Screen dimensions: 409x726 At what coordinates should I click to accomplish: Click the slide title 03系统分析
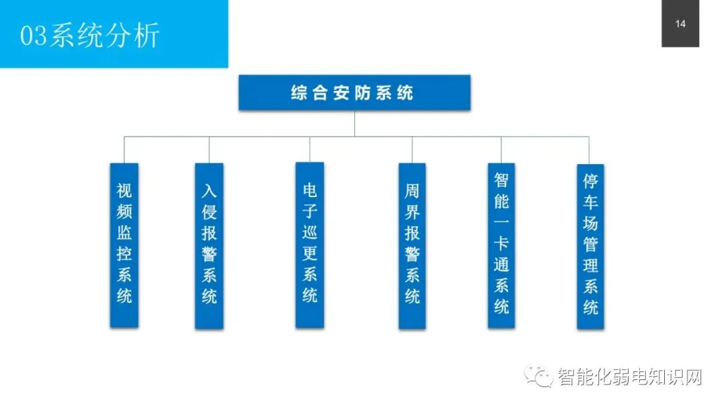click(x=89, y=36)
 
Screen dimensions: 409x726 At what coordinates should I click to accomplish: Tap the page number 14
click(x=680, y=24)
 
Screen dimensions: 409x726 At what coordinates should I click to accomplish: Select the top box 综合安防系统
click(x=354, y=93)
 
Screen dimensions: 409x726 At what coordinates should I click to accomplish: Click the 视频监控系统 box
click(x=124, y=245)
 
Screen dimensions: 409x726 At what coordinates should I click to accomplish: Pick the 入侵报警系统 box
click(x=209, y=246)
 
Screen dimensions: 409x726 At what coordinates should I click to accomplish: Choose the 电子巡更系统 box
click(x=310, y=245)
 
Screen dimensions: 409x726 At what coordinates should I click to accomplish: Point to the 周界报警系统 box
click(x=412, y=246)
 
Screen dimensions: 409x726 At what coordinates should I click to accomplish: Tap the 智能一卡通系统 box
click(x=501, y=245)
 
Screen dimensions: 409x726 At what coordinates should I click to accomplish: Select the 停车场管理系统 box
click(x=590, y=246)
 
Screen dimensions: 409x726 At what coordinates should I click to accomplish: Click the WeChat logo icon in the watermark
click(x=540, y=377)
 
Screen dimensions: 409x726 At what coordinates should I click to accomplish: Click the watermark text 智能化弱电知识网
click(x=629, y=377)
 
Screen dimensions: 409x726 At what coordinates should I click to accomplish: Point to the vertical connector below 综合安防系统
click(x=354, y=123)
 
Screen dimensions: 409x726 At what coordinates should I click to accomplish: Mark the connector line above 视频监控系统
click(x=124, y=149)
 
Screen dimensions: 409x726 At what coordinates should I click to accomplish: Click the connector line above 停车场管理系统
click(x=590, y=150)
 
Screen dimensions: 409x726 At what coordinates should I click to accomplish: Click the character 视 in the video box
click(x=124, y=189)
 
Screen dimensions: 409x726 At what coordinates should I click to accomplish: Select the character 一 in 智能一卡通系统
click(x=501, y=223)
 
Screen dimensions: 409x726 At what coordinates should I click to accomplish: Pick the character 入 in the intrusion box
click(x=209, y=190)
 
